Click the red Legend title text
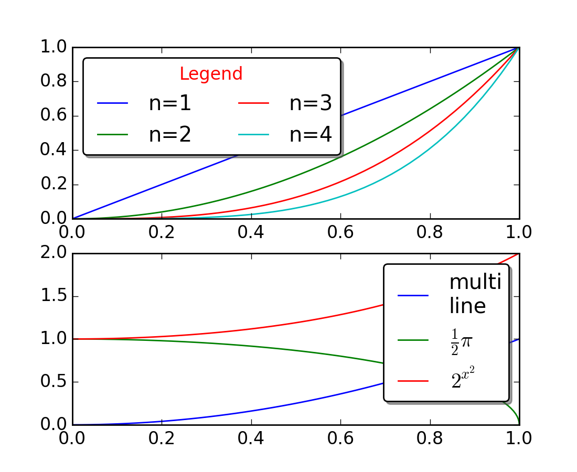click(211, 74)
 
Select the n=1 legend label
click(169, 104)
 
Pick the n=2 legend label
click(169, 135)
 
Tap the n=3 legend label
click(311, 104)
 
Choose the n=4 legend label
click(311, 135)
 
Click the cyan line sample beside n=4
click(254, 135)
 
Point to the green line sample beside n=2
click(113, 135)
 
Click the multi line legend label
click(475, 294)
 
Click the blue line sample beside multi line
click(413, 295)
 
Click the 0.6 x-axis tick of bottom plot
click(340, 438)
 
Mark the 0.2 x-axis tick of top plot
click(162, 232)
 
